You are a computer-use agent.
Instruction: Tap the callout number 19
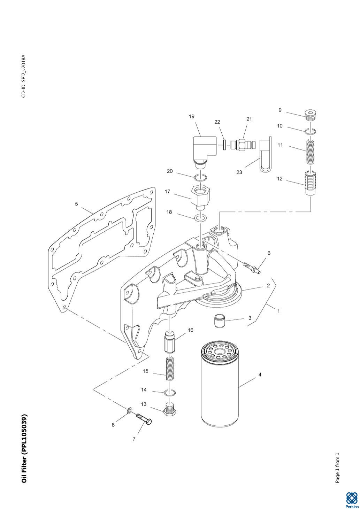pos(192,117)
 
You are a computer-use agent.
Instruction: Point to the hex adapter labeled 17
pos(199,196)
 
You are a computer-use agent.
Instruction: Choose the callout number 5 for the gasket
pos(77,204)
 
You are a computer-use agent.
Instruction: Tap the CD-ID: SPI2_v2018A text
pos(24,76)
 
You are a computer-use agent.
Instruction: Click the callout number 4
pos(260,375)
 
